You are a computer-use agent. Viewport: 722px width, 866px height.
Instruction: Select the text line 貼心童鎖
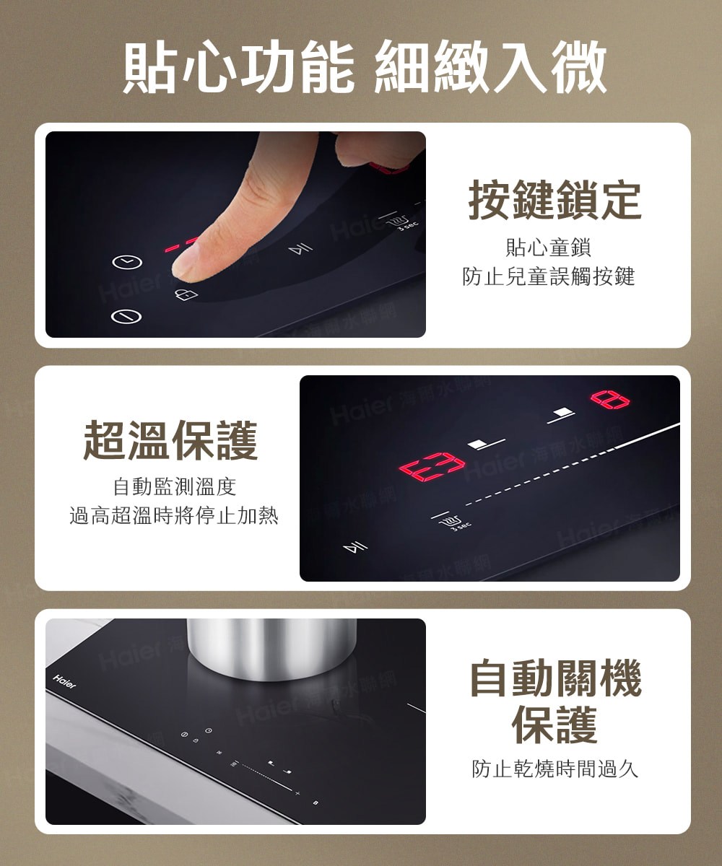(x=549, y=249)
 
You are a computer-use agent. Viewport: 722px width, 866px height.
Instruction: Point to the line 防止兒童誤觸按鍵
(x=549, y=276)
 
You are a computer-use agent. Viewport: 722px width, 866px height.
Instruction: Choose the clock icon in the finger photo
(x=126, y=263)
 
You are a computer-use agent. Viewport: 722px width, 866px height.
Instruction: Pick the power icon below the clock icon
(x=126, y=316)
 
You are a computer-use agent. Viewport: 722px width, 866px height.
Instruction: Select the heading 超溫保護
(x=171, y=441)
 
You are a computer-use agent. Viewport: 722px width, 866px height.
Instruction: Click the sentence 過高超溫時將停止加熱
(x=174, y=516)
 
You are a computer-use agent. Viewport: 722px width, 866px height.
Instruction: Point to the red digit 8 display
(x=610, y=399)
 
